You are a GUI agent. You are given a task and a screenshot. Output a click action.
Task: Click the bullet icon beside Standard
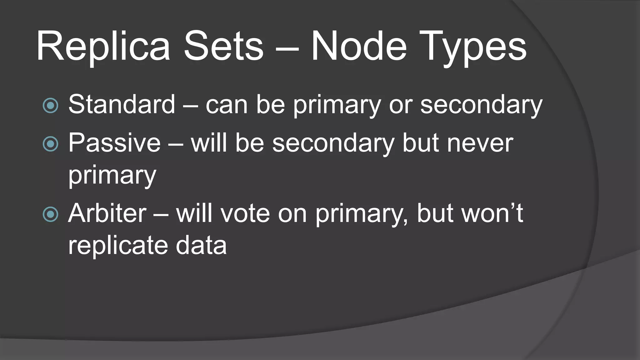click(x=50, y=105)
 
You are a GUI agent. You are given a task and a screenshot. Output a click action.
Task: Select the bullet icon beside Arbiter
click(x=50, y=214)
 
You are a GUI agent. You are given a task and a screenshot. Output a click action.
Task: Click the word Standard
click(x=122, y=104)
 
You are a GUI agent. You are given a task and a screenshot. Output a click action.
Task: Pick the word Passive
click(x=114, y=143)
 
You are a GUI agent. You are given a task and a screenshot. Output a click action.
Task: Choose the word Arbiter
click(x=107, y=213)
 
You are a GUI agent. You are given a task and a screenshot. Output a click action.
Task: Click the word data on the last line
click(x=201, y=245)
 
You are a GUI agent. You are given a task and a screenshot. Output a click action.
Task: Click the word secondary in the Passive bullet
click(x=333, y=144)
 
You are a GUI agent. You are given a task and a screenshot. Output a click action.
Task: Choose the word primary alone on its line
click(x=112, y=176)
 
